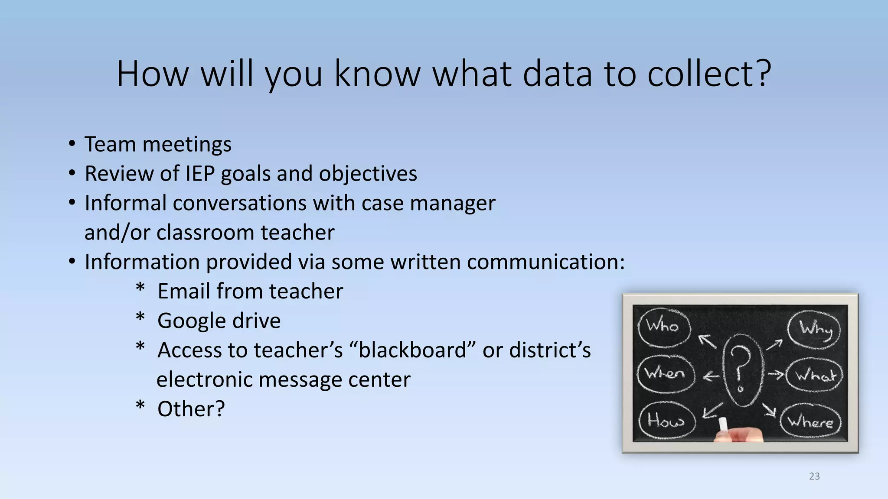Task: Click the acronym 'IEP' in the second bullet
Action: pyautogui.click(x=200, y=174)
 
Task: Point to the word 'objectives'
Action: pyautogui.click(x=368, y=174)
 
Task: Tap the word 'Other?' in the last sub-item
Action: pyautogui.click(x=191, y=409)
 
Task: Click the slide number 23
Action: pyautogui.click(x=814, y=476)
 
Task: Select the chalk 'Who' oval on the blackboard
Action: pyautogui.click(x=663, y=326)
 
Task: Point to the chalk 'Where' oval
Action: pyautogui.click(x=810, y=421)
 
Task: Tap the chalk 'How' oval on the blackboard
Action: pyautogui.click(x=666, y=420)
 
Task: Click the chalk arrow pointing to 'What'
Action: pyautogui.click(x=776, y=374)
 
